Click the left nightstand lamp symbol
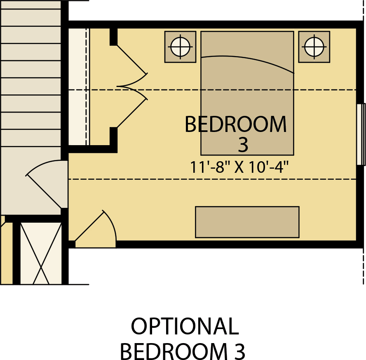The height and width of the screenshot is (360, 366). (x=180, y=47)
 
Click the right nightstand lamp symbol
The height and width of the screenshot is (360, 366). (x=314, y=47)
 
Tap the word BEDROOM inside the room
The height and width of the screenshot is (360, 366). (x=235, y=125)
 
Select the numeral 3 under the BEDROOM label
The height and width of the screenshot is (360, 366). (x=243, y=144)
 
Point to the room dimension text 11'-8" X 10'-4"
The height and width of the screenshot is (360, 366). (x=239, y=167)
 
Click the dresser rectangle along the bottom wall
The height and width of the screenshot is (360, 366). (x=247, y=222)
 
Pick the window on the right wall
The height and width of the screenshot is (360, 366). (x=361, y=134)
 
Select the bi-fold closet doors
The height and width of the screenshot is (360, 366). (x=132, y=86)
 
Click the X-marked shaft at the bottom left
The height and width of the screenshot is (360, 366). (x=41, y=253)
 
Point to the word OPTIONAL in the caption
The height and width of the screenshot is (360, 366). (x=185, y=326)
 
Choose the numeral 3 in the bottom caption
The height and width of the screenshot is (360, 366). (x=239, y=351)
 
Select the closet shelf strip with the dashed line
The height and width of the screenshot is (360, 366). (x=79, y=87)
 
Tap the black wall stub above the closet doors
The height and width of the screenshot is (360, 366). (x=113, y=37)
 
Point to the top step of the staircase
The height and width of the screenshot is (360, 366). (x=30, y=5)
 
